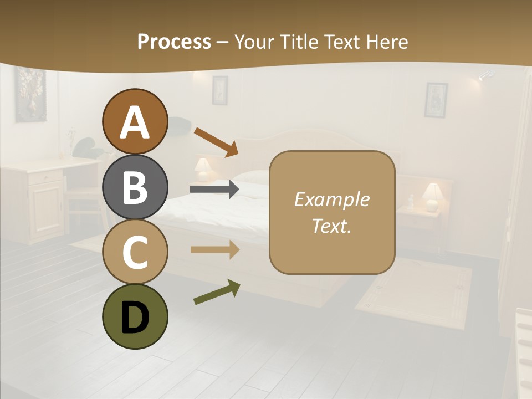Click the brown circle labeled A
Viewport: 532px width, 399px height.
click(135, 121)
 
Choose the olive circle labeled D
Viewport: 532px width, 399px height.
click(135, 316)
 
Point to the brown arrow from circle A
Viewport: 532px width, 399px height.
click(216, 142)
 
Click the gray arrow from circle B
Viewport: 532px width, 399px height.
click(214, 190)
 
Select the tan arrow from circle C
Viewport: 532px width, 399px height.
click(214, 250)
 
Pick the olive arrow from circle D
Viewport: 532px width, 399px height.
click(217, 292)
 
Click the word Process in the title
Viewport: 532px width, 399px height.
click(174, 42)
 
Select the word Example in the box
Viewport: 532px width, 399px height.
click(331, 199)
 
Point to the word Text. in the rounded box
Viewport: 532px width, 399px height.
click(331, 226)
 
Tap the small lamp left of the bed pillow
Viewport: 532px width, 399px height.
click(203, 168)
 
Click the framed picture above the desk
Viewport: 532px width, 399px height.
click(29, 94)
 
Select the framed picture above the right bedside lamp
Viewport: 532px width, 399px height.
click(436, 100)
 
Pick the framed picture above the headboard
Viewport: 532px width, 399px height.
click(220, 90)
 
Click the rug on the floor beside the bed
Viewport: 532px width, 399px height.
click(415, 293)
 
